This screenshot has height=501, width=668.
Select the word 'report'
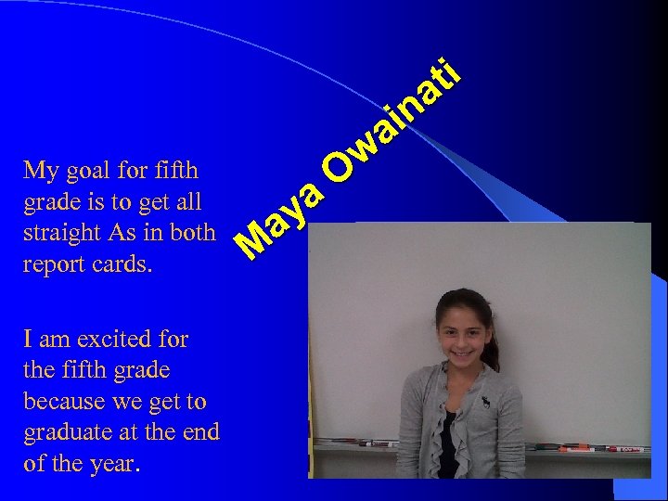pyautogui.click(x=57, y=264)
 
